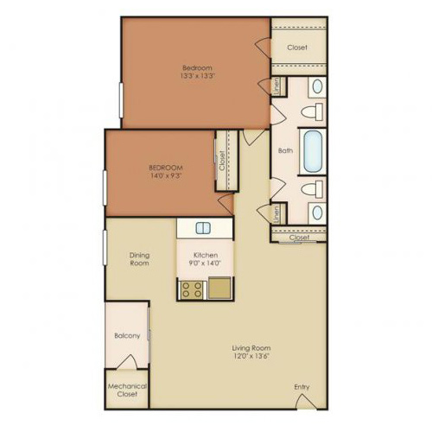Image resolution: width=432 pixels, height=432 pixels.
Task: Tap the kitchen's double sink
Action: pyautogui.click(x=204, y=228)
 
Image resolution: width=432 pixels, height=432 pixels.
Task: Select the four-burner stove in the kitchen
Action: pyautogui.click(x=191, y=289)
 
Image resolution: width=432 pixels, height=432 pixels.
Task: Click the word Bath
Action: pyautogui.click(x=285, y=150)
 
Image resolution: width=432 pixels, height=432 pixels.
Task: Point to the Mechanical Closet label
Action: pyautogui.click(x=126, y=391)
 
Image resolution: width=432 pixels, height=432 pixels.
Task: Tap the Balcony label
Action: pyautogui.click(x=126, y=335)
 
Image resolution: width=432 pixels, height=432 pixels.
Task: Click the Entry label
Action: pyautogui.click(x=302, y=386)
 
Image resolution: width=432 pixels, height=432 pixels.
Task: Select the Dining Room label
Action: pyautogui.click(x=140, y=258)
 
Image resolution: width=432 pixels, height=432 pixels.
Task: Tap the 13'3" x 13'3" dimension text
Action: pyautogui.click(x=196, y=75)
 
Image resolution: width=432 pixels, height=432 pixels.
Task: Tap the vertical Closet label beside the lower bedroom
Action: pyautogui.click(x=222, y=160)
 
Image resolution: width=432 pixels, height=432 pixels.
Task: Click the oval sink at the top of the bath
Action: pyautogui.click(x=316, y=86)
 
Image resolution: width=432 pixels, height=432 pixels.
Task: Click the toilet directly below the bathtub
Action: pyautogui.click(x=314, y=188)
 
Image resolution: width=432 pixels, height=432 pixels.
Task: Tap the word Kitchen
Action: pyautogui.click(x=205, y=254)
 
